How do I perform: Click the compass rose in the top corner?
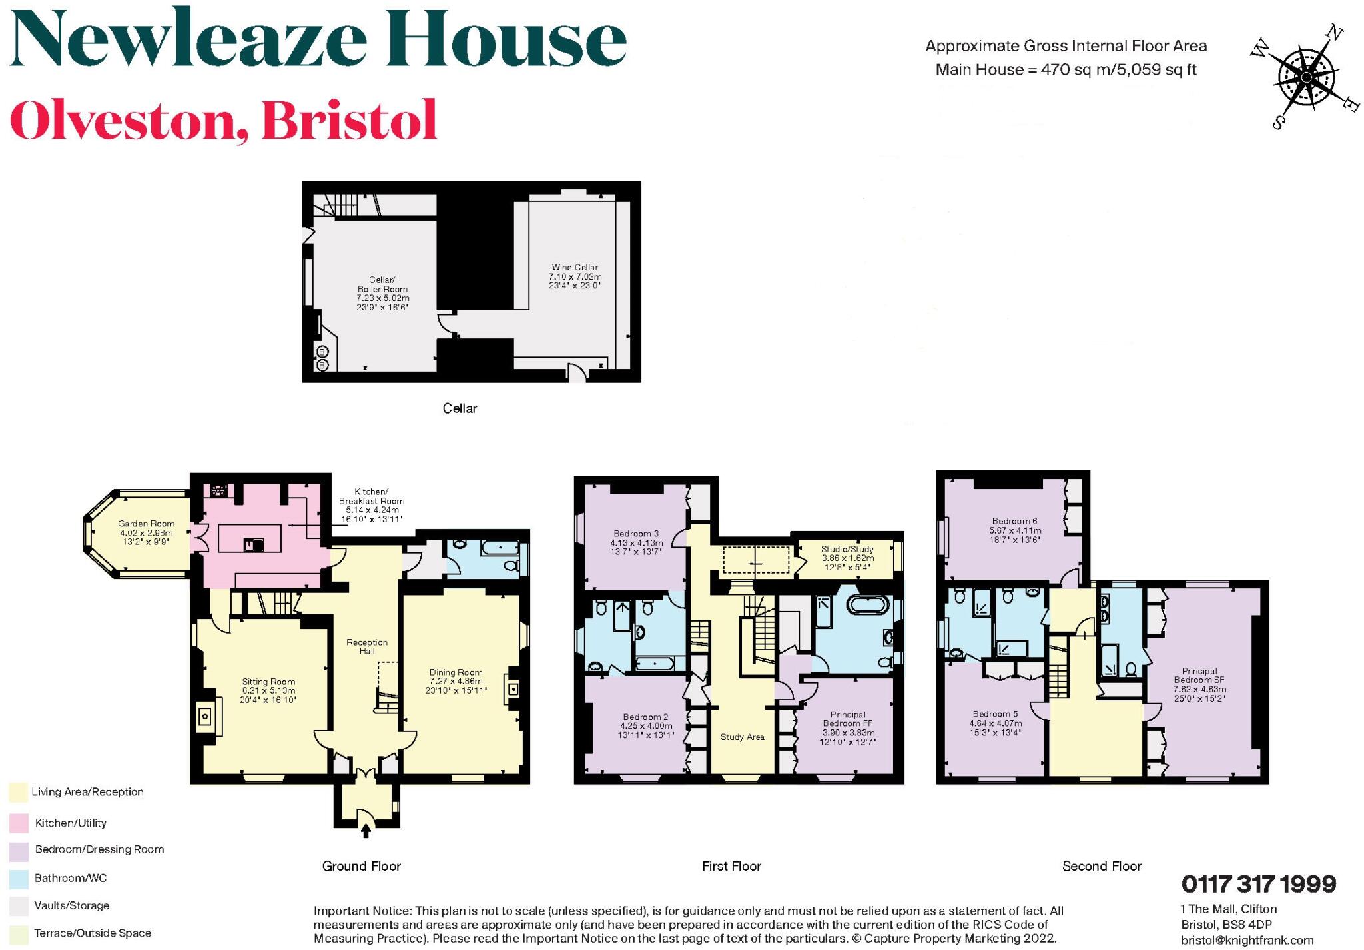[x=1306, y=78]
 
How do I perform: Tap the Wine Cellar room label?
[x=575, y=268]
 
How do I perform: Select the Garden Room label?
[x=146, y=524]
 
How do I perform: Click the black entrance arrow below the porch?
[x=366, y=830]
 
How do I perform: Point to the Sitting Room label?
[x=268, y=682]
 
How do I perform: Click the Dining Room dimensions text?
[x=456, y=686]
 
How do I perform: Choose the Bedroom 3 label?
[x=636, y=534]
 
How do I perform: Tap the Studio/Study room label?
[x=847, y=550]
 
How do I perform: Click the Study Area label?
[x=742, y=737]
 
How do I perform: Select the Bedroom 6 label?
[x=1014, y=521]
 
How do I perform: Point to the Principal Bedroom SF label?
[x=1199, y=676]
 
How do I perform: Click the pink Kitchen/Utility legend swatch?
[x=19, y=823]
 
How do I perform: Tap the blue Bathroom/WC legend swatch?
[x=19, y=879]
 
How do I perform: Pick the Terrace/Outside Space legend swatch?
[x=19, y=934]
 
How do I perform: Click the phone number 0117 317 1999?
[x=1258, y=885]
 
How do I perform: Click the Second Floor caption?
[x=1102, y=866]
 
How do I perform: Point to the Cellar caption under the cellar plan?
[x=460, y=408]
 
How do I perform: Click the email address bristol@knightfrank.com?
[x=1247, y=940]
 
